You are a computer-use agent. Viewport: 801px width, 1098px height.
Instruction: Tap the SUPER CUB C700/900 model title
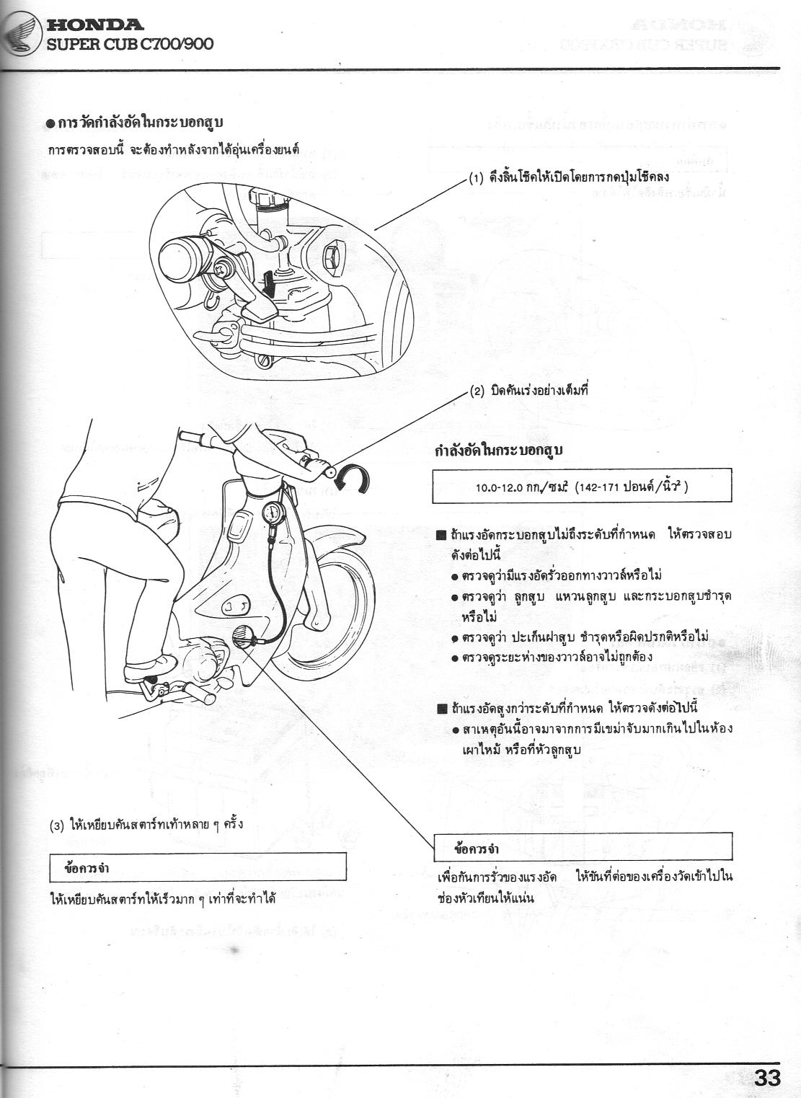[x=130, y=44]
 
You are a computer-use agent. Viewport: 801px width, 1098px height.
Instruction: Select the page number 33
[x=766, y=1079]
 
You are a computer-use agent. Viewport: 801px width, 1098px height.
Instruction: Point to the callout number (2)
[x=477, y=391]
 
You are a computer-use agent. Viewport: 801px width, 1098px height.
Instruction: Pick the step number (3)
[x=58, y=825]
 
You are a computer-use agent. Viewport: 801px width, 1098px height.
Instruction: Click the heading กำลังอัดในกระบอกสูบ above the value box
[x=498, y=451]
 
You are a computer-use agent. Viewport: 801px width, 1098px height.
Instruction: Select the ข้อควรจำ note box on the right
[x=583, y=846]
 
